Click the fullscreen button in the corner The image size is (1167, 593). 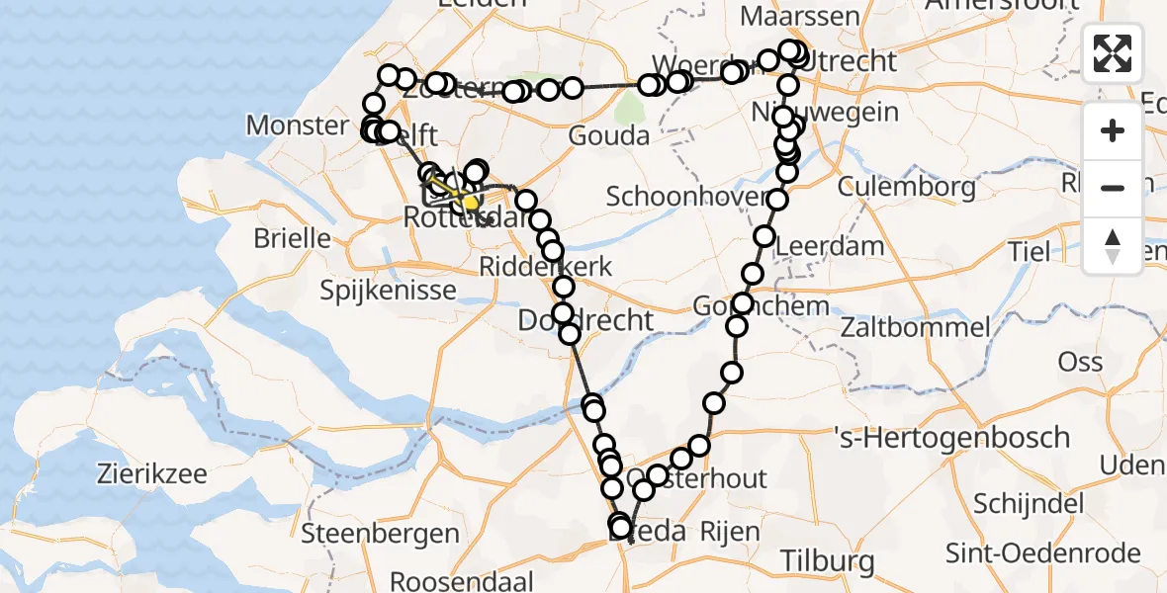tap(1113, 53)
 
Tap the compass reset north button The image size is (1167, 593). tap(1113, 245)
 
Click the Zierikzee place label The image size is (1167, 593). tap(151, 473)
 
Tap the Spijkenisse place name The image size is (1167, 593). tap(388, 291)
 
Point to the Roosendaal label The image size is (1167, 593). tap(462, 580)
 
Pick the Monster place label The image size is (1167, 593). tap(298, 126)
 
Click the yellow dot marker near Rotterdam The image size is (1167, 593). tap(470, 204)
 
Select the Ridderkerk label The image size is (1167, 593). tap(546, 266)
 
